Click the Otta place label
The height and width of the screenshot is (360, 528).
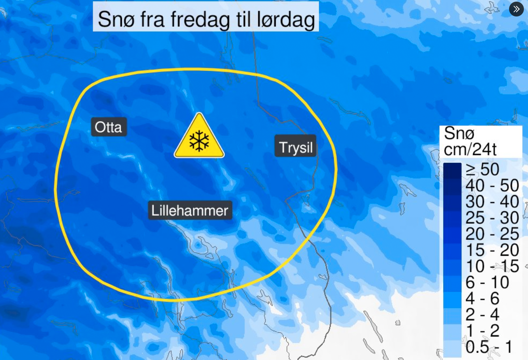(x=109, y=127)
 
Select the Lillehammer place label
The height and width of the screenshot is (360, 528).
(x=190, y=210)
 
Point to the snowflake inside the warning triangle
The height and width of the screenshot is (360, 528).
(x=199, y=141)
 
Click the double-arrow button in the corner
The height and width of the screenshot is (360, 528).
(x=516, y=9)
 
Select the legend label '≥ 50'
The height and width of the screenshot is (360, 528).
(x=482, y=169)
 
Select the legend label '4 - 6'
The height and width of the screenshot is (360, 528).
(x=482, y=298)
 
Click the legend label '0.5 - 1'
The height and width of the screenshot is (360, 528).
(x=489, y=347)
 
